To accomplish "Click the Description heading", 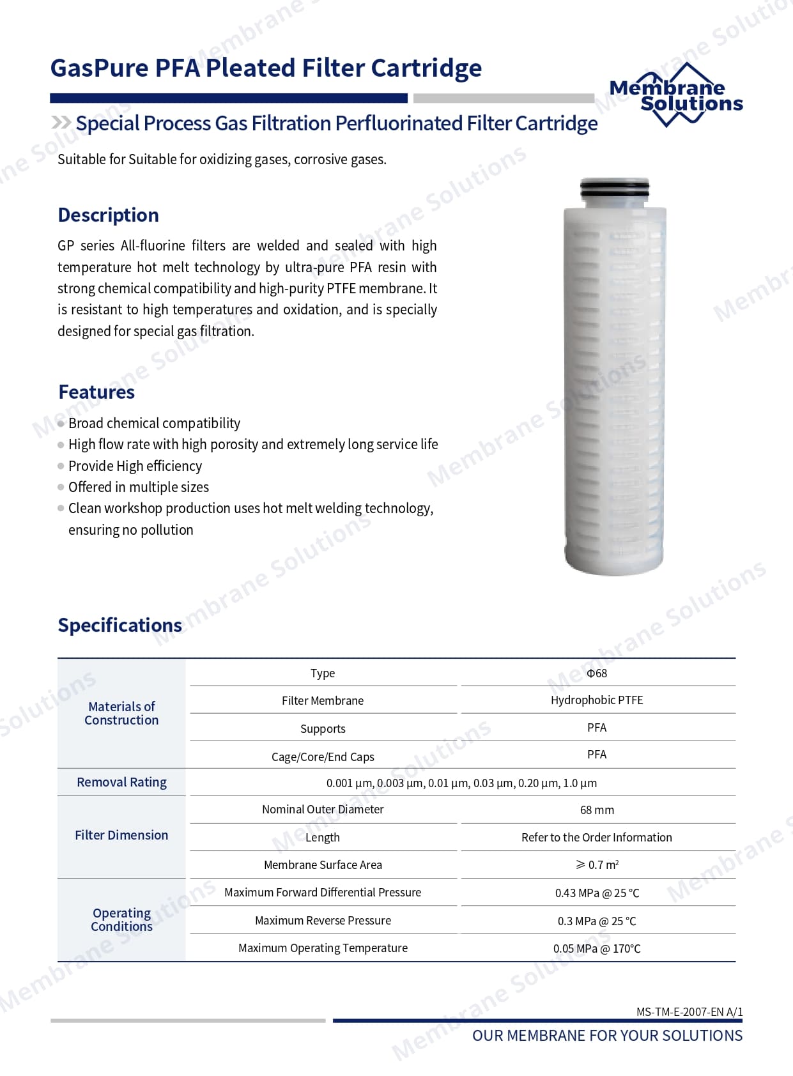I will click(108, 215).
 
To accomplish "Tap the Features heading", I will click(96, 392).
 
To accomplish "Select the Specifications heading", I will click(119, 625).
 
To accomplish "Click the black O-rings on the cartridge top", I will click(615, 189).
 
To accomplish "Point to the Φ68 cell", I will click(597, 673).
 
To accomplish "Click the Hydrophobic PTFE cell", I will click(597, 700).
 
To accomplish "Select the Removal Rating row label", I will click(121, 782).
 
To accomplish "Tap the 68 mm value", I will click(597, 810).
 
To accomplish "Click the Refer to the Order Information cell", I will click(597, 837).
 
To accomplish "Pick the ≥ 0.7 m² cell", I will click(597, 865).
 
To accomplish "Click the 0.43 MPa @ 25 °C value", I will click(597, 893).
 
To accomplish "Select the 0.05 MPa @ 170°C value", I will click(597, 948).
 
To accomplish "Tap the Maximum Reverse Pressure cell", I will click(323, 920).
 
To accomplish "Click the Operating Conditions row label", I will click(121, 919).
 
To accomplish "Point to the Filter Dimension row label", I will click(121, 835).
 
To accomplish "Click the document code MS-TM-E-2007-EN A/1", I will click(689, 1011).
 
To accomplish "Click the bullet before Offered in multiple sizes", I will click(61, 487).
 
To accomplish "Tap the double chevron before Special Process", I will click(61, 123).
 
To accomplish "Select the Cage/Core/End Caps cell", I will click(323, 757).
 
